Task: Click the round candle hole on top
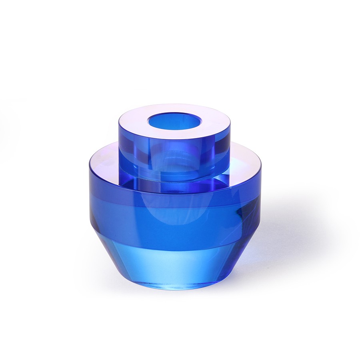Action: point(174,120)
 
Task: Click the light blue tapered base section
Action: point(172,264)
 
